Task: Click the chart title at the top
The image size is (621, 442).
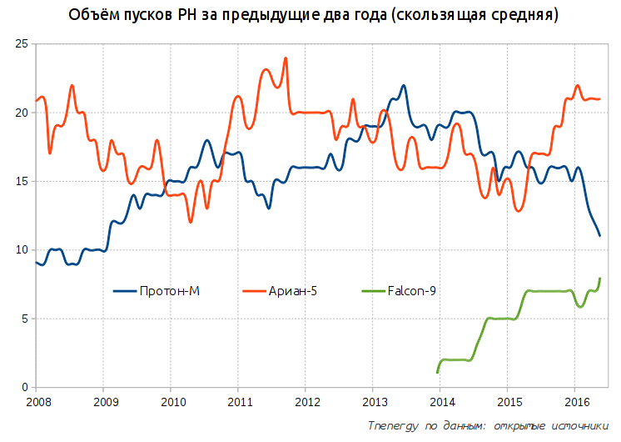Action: click(x=310, y=16)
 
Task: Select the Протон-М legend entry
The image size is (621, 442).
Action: click(x=157, y=290)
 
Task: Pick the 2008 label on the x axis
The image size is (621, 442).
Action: click(x=36, y=401)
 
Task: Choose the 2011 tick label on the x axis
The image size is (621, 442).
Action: click(x=238, y=401)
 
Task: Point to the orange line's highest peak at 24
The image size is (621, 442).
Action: click(x=286, y=58)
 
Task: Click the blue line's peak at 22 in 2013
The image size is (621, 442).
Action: click(x=404, y=85)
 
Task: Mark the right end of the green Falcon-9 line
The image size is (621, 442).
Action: click(x=599, y=279)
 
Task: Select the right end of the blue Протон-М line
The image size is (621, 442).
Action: click(x=599, y=236)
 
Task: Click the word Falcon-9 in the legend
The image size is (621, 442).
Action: click(x=411, y=290)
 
